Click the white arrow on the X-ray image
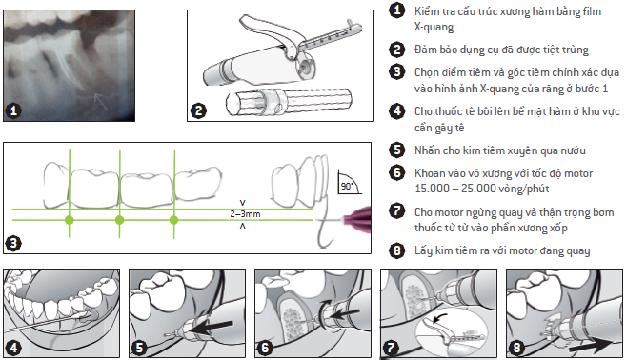(100, 101)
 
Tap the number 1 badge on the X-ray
(14, 110)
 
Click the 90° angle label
(347, 187)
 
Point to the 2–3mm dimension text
(245, 214)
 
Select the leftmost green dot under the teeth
(70, 220)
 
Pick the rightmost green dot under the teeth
(173, 220)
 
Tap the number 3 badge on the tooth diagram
(14, 242)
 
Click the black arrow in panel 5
(212, 327)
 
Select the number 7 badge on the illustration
(391, 347)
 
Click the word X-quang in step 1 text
(434, 27)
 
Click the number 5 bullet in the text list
(396, 150)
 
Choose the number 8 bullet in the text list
(396, 250)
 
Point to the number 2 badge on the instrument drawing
(198, 110)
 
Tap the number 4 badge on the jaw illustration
(14, 348)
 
